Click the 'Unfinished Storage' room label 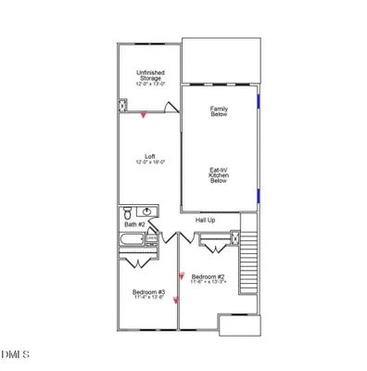coord(149,76)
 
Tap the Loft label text coord(149,156)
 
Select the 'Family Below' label coord(220,113)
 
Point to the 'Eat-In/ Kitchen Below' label coord(220,175)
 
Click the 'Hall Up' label coord(205,220)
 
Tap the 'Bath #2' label coord(134,224)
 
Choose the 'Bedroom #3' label coord(148,292)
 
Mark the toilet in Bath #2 coord(129,211)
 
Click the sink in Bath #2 coord(147,211)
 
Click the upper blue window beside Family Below coord(259,96)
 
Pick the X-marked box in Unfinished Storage coord(122,106)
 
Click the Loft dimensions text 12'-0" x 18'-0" coord(149,164)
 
